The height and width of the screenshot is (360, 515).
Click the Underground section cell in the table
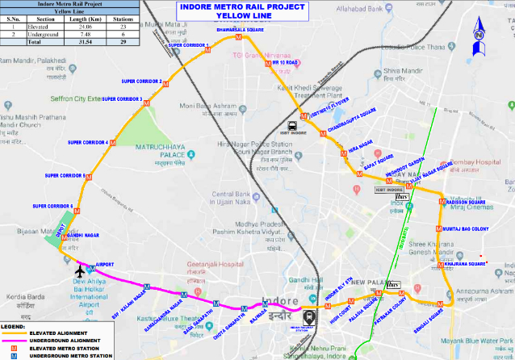[x=40, y=33]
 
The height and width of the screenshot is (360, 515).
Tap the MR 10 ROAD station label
[x=286, y=62]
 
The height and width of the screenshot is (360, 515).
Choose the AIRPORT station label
[x=105, y=265]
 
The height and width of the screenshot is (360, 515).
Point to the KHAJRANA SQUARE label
[x=464, y=264]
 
